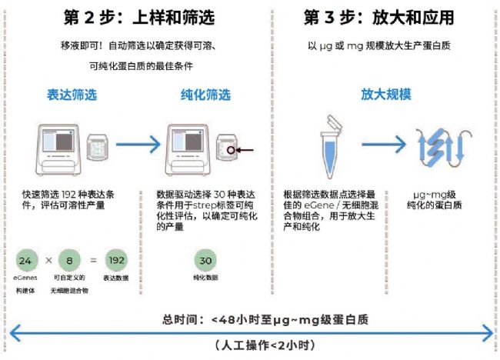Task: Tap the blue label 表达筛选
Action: [x=68, y=95]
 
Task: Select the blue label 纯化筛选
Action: [x=205, y=95]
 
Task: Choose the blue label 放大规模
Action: [x=386, y=95]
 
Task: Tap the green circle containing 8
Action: [x=70, y=260]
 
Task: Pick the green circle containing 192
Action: [x=116, y=260]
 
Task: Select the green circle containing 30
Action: [x=205, y=260]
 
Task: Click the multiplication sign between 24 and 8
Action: [x=49, y=260]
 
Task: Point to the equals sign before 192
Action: [x=92, y=260]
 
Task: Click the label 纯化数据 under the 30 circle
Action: [x=205, y=277]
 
